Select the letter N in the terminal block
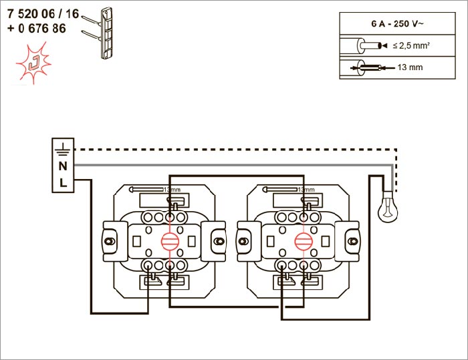pyautogui.click(x=63, y=166)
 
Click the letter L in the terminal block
pyautogui.click(x=63, y=182)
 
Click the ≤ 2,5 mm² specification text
pyautogui.click(x=410, y=45)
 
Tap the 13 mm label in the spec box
pyautogui.click(x=410, y=67)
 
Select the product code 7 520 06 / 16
pyautogui.click(x=43, y=12)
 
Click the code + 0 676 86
pyautogui.click(x=37, y=29)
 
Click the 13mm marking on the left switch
pyautogui.click(x=172, y=190)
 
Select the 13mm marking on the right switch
pyautogui.click(x=305, y=190)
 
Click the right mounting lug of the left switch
pyautogui.click(x=219, y=239)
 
